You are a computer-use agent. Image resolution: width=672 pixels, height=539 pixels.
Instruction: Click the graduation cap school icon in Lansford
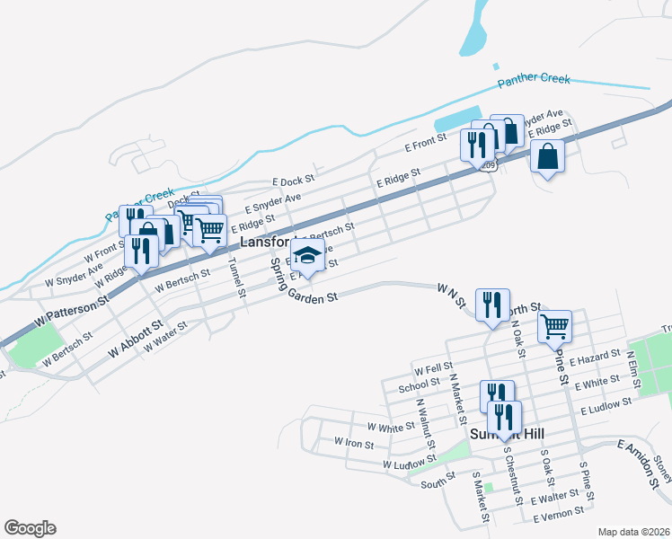click(x=307, y=256)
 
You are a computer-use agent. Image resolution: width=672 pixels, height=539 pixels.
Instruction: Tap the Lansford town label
click(x=265, y=243)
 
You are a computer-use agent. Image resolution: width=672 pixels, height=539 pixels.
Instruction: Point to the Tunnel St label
click(x=235, y=278)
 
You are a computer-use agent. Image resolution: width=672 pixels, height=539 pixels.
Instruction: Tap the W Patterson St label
click(x=71, y=307)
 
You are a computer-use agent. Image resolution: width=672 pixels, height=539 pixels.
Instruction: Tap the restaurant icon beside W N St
click(x=491, y=305)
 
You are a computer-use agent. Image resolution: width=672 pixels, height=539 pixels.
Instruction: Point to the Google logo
click(x=30, y=527)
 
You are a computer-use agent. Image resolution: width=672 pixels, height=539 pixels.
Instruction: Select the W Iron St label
click(x=354, y=442)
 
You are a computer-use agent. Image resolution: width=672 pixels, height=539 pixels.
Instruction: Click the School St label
click(x=419, y=388)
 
